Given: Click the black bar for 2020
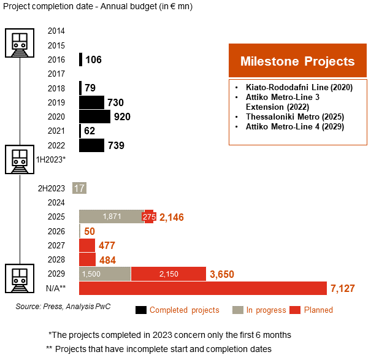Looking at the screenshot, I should click(94, 117).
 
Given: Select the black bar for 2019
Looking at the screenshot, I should click(91, 102).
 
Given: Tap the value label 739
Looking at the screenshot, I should click(116, 145).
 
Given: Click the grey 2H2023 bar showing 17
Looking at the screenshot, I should click(79, 188).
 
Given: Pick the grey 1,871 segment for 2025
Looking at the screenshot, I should click(112, 216).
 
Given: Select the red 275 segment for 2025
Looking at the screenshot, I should click(149, 216).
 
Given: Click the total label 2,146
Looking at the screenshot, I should click(171, 217).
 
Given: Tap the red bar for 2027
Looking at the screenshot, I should click(87, 245).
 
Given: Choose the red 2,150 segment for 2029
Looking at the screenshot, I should click(168, 274).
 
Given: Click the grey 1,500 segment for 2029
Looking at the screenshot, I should click(105, 274).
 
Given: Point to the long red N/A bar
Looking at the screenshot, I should click(203, 288).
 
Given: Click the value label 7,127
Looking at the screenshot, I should click(342, 288).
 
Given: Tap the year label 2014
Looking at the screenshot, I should click(56, 31).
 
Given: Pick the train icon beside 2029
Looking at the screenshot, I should click(20, 279).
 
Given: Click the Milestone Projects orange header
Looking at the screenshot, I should click(297, 61).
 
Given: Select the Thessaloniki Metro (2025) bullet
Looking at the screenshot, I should click(294, 117).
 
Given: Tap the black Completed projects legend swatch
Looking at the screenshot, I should click(140, 310).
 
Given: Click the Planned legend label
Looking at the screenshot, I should click(318, 310).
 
